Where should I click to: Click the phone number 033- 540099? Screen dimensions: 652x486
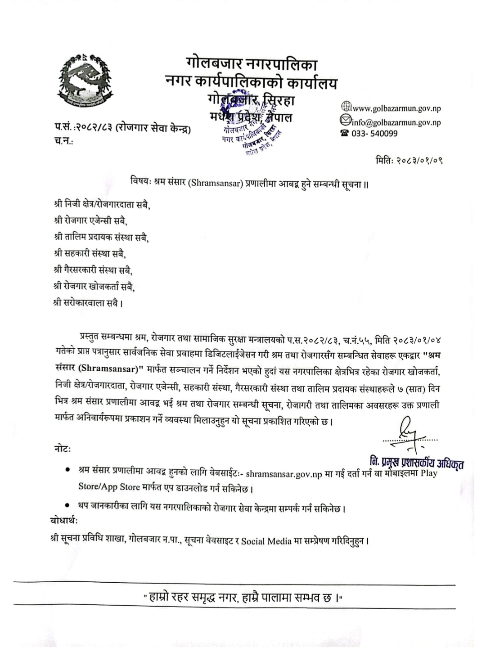[374, 133]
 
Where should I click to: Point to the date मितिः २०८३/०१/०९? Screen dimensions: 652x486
[412, 160]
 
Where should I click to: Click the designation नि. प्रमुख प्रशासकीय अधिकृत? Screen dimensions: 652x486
[416, 461]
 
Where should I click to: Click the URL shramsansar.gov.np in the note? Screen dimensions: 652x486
[284, 474]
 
